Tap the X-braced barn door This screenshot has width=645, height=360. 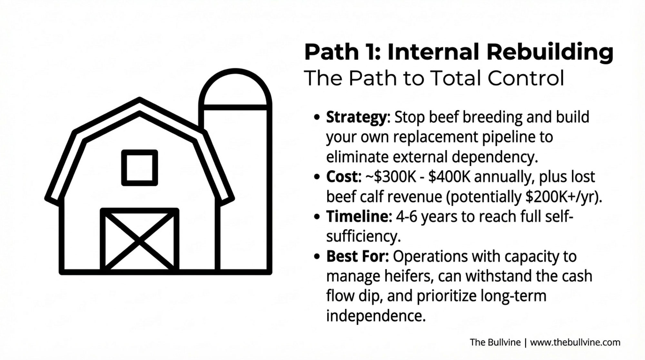click(x=140, y=240)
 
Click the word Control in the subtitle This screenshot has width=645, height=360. click(x=526, y=78)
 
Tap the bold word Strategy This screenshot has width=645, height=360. click(x=356, y=118)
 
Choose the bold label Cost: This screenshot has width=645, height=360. click(x=344, y=177)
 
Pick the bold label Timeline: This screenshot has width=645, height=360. click(x=359, y=216)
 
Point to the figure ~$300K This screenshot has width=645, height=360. click(x=391, y=177)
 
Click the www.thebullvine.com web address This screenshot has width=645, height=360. click(x=575, y=342)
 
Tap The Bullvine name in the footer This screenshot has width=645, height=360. click(x=495, y=342)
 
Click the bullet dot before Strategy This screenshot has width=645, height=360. click(x=318, y=118)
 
